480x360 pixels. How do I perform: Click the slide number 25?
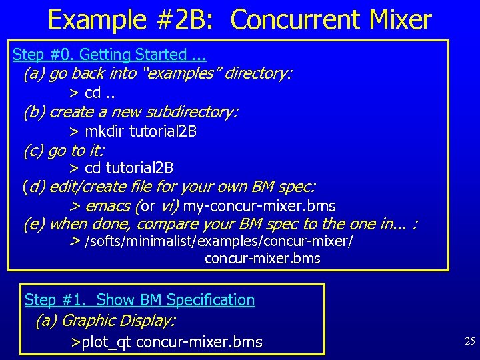[469, 341]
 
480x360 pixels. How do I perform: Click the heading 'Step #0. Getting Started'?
[100, 55]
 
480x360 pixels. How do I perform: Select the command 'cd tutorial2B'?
[129, 168]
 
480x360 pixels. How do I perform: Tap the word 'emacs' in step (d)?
[108, 205]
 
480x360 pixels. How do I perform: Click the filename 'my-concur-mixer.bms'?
[259, 205]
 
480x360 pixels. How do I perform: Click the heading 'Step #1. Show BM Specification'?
[140, 300]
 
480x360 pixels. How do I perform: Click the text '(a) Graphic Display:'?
[105, 321]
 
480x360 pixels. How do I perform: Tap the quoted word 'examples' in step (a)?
[181, 73]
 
